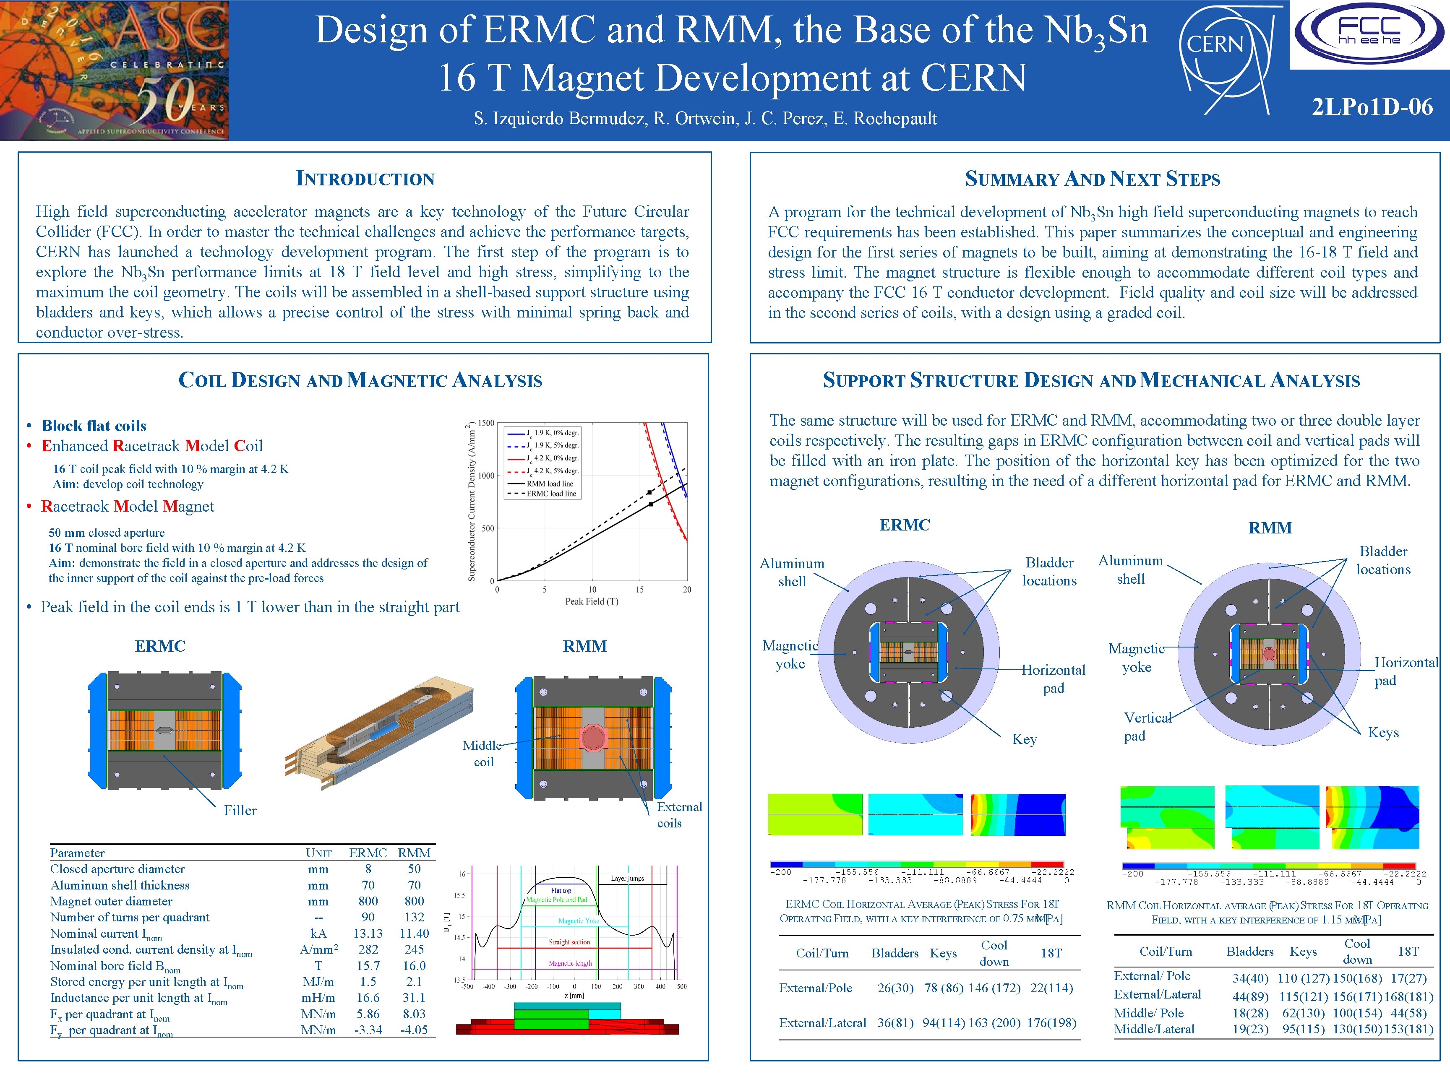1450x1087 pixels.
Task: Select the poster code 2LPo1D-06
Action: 1372,106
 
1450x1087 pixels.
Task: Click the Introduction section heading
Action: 365,178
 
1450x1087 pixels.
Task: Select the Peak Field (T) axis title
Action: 591,601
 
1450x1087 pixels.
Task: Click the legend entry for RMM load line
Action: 549,484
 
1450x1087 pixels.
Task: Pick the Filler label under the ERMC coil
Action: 240,811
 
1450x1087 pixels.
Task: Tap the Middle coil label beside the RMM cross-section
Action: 482,754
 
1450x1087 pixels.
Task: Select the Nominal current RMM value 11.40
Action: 414,933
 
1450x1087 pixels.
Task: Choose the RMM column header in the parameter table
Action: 414,853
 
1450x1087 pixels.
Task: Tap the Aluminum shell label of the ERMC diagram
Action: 792,572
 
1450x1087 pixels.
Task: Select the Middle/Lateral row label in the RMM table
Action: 1154,1030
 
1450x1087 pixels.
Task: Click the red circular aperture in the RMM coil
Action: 593,737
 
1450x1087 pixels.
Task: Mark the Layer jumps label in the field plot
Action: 627,878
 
